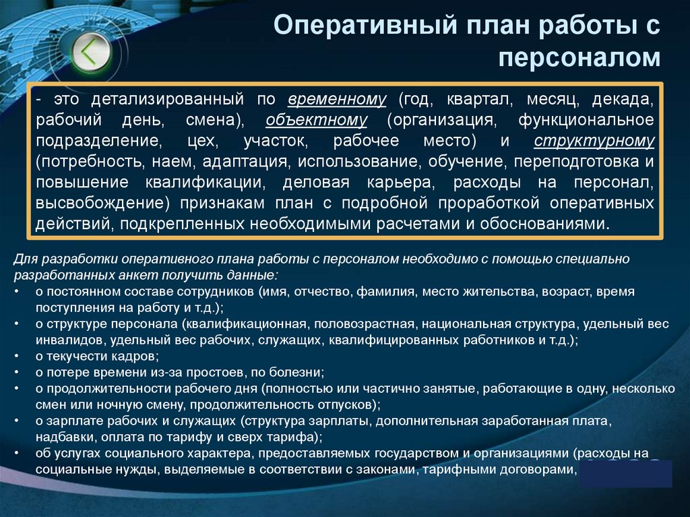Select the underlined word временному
[337, 100]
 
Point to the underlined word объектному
[316, 121]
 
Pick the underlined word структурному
[594, 142]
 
